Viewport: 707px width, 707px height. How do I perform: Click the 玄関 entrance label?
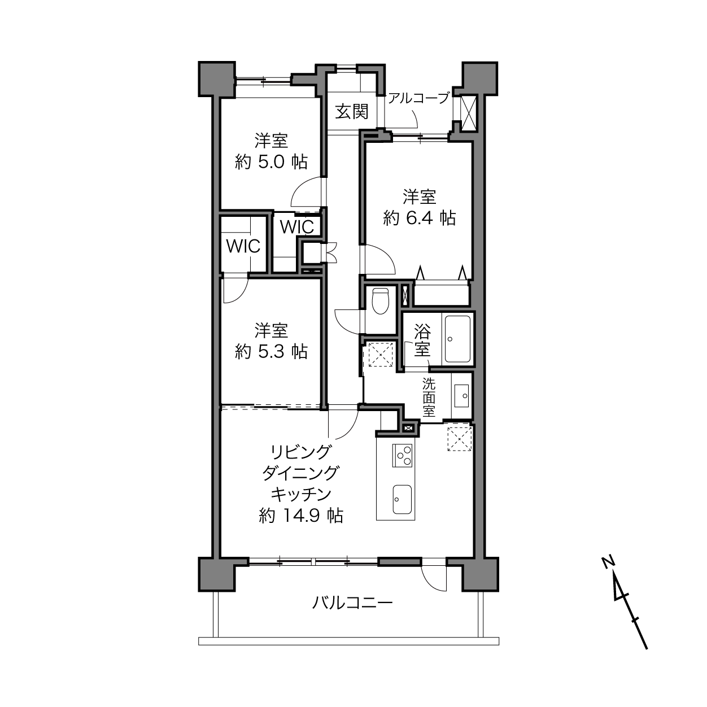[x=351, y=112]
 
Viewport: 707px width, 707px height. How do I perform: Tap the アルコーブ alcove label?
[x=418, y=98]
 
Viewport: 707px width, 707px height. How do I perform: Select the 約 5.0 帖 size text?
[x=271, y=162]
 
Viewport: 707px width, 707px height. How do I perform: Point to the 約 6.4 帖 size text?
[x=420, y=219]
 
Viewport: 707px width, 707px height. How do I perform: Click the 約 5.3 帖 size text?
[x=271, y=352]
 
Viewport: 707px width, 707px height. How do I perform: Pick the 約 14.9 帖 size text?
[x=301, y=516]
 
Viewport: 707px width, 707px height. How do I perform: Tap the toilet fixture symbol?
[x=380, y=301]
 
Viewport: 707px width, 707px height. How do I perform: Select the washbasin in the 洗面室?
[x=461, y=396]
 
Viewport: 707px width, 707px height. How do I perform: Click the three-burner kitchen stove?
[x=403, y=455]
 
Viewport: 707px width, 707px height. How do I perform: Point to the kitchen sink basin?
[x=402, y=499]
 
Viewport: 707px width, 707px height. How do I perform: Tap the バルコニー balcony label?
[x=352, y=603]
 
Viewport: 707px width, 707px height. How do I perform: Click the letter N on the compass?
[x=608, y=562]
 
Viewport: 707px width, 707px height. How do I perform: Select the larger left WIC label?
[x=243, y=246]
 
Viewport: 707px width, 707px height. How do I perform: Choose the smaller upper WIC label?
[x=297, y=227]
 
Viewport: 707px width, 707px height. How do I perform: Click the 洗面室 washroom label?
[x=429, y=398]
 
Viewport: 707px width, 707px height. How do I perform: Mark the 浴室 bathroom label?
[x=422, y=340]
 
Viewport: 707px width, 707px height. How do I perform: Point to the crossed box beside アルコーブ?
[x=468, y=113]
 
